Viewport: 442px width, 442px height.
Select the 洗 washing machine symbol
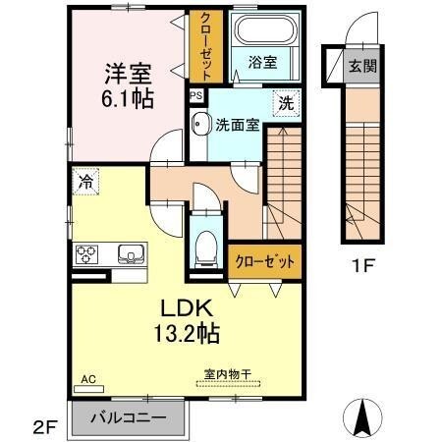point(285,100)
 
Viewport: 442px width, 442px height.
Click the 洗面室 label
point(237,125)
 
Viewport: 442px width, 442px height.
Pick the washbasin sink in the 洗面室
point(200,124)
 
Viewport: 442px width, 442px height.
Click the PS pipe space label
point(196,95)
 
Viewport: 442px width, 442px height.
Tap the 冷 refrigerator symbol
point(85,181)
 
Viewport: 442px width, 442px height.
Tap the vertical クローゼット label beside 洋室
point(206,46)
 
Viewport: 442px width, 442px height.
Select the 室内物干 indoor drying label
point(228,373)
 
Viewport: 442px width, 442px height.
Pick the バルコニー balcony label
point(128,415)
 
